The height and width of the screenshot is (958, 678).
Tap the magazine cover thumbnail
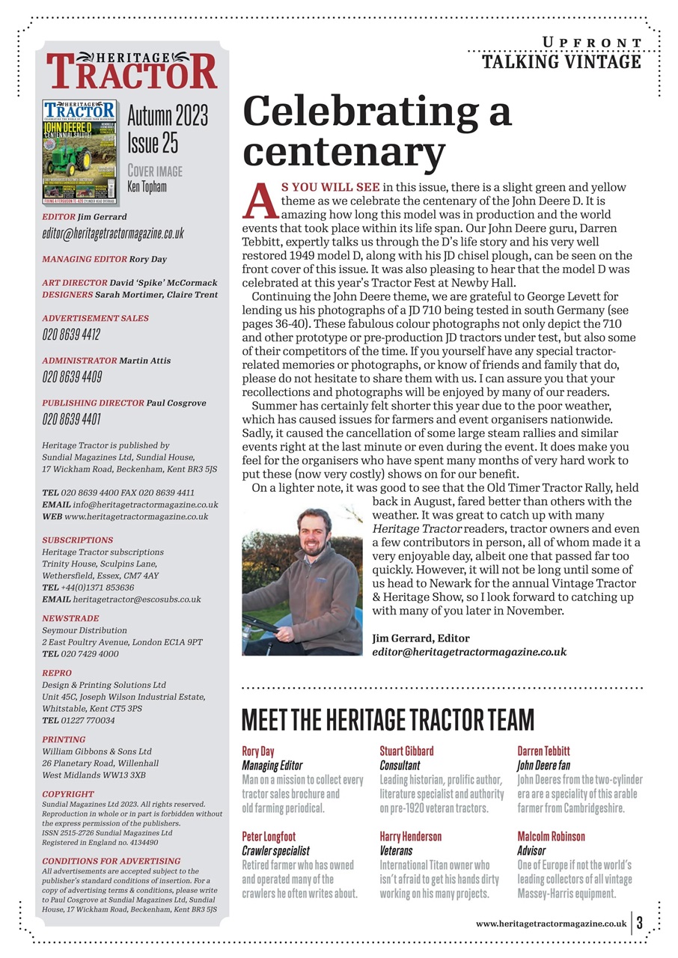[x=80, y=151]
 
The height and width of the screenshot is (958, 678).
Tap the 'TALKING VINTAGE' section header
[x=561, y=61]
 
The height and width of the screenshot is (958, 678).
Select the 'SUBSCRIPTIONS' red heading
[x=78, y=540]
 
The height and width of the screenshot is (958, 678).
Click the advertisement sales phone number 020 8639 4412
[x=71, y=335]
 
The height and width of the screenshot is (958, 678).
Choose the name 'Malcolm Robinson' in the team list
[x=552, y=836]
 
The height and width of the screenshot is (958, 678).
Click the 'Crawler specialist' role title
[x=275, y=851]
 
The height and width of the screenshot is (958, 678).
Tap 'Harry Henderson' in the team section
[x=411, y=836]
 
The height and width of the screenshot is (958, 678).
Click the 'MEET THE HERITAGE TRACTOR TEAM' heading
[x=388, y=720]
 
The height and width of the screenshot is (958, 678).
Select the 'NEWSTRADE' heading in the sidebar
[x=70, y=619]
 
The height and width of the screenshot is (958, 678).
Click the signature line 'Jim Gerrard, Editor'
[x=421, y=638]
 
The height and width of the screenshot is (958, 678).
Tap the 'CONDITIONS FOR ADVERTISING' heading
[x=112, y=861]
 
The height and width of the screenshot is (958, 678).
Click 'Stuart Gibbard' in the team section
[x=406, y=751]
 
